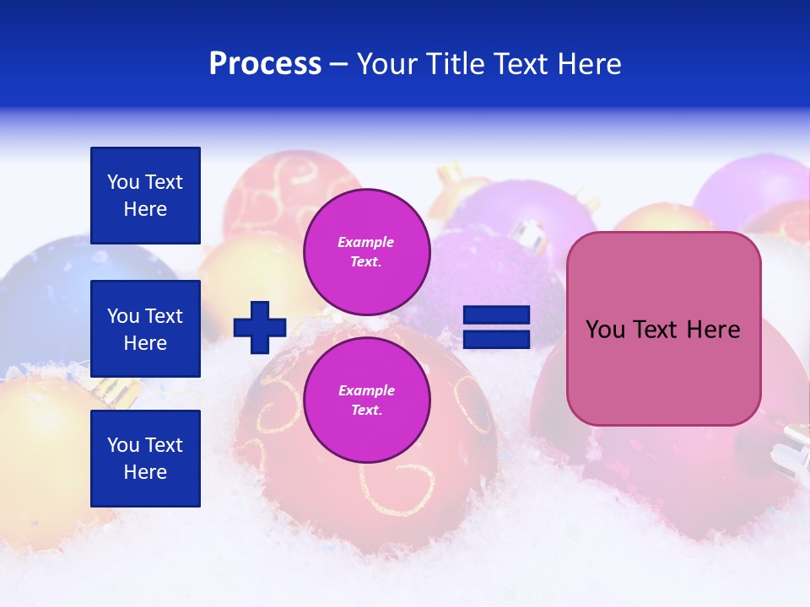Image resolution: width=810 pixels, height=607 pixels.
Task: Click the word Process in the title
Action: (x=265, y=64)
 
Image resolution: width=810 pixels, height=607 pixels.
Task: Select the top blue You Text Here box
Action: (x=145, y=196)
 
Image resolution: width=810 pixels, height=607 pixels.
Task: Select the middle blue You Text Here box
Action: (x=145, y=329)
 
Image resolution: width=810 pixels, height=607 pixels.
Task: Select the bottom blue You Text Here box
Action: (x=145, y=458)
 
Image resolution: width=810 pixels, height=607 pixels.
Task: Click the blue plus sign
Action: (x=260, y=327)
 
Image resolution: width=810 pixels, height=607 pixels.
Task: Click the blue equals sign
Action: (x=497, y=327)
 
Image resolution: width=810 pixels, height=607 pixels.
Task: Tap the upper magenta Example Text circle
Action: (x=366, y=252)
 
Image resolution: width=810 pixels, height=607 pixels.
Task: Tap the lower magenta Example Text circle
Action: (x=366, y=400)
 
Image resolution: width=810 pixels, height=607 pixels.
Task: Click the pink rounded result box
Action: (x=663, y=329)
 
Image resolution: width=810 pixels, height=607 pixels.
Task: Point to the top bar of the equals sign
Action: (x=497, y=315)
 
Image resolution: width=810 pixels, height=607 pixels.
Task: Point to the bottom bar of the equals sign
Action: (x=497, y=339)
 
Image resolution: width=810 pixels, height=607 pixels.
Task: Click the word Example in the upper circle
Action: (x=365, y=242)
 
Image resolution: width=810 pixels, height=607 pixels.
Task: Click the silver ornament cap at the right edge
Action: (x=793, y=447)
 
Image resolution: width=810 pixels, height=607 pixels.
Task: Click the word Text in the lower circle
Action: (x=365, y=411)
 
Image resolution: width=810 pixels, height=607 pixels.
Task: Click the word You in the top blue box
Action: (x=123, y=182)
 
